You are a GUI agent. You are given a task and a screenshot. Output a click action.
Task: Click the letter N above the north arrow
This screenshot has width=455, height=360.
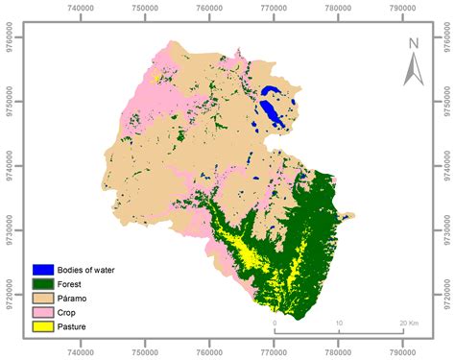point(414,43)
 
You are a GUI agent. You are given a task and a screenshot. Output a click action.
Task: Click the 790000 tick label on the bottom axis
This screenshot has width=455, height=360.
point(401,351)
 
